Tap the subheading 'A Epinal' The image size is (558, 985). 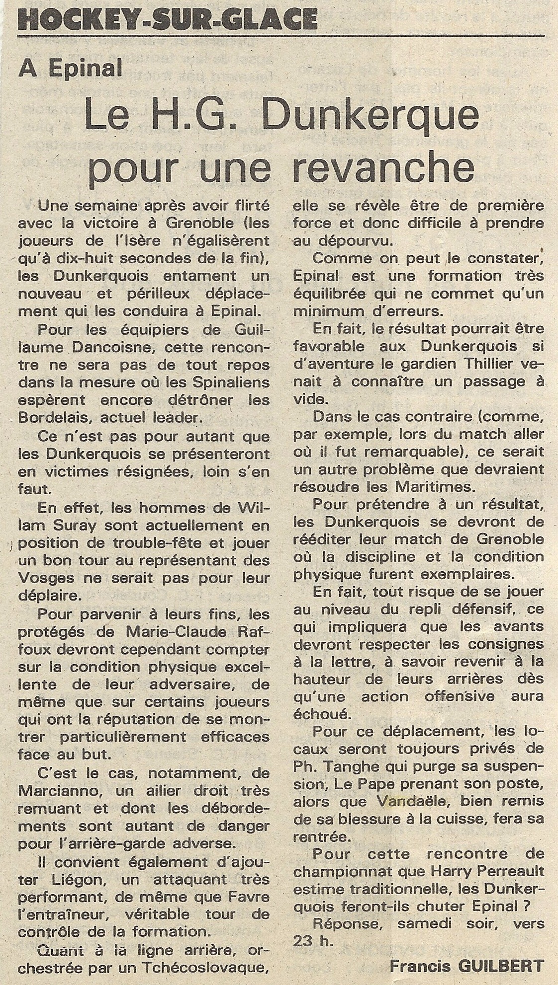pos(70,68)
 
